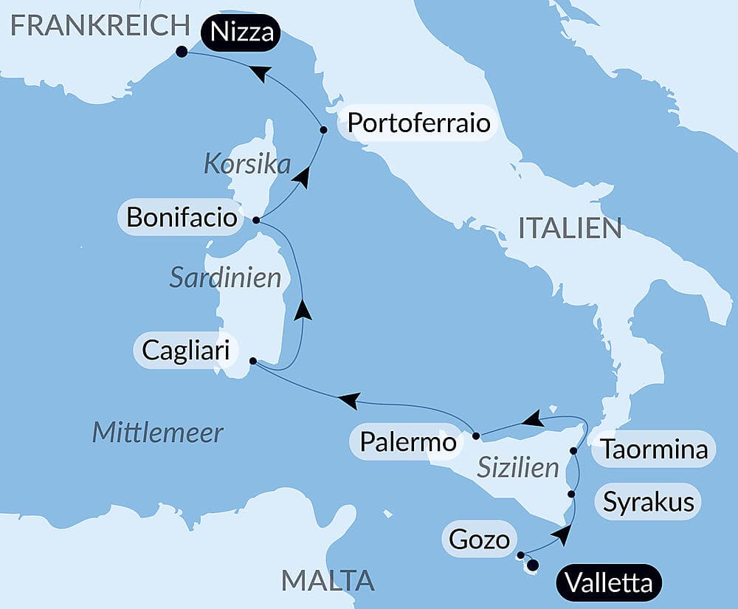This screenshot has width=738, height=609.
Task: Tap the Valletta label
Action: point(609,583)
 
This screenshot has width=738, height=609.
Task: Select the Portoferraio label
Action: point(418,123)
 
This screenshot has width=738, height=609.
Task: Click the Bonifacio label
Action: point(182,218)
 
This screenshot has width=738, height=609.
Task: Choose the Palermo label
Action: point(408,442)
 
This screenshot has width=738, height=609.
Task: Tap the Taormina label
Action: point(654,449)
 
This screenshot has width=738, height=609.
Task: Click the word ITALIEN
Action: point(570,228)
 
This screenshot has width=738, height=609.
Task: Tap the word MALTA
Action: point(328,580)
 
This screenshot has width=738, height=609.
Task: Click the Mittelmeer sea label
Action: point(157,432)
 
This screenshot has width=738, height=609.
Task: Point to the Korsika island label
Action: point(247,164)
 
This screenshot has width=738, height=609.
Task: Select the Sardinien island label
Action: point(225,278)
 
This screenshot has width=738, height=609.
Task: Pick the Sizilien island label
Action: point(517,467)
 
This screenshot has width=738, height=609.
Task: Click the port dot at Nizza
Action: point(182,52)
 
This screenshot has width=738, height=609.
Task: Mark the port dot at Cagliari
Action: point(253,361)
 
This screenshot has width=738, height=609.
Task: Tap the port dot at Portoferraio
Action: point(323,130)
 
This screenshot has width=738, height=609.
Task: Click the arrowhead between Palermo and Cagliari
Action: point(348,401)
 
